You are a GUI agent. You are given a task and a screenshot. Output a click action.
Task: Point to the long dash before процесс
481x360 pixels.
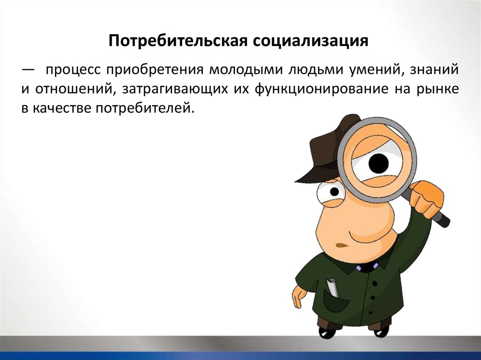point(28,70)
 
